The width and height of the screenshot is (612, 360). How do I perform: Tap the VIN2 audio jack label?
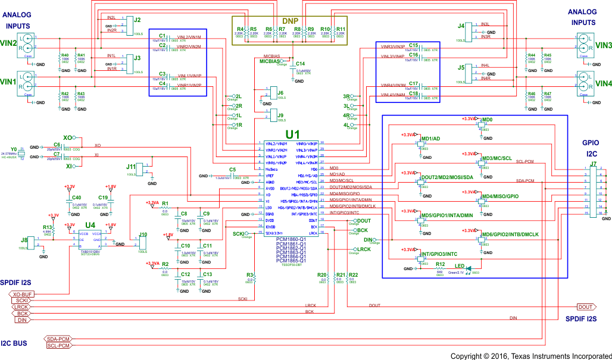click(8, 42)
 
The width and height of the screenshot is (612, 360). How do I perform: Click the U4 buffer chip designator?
click(90, 225)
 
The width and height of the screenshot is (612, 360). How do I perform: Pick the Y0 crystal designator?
click(13, 149)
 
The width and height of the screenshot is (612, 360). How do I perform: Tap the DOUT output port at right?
click(586, 306)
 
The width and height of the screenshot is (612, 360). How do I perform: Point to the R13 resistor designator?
click(46, 227)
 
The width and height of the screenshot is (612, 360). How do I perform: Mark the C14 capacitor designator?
click(300, 64)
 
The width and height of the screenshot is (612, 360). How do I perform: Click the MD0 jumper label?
click(488, 119)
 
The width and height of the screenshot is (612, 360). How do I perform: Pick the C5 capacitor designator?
click(232, 170)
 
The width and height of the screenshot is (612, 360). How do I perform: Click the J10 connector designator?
click(142, 234)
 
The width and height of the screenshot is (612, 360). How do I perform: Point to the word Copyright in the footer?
click(469, 355)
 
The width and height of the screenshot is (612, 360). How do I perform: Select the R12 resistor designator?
click(440, 264)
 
